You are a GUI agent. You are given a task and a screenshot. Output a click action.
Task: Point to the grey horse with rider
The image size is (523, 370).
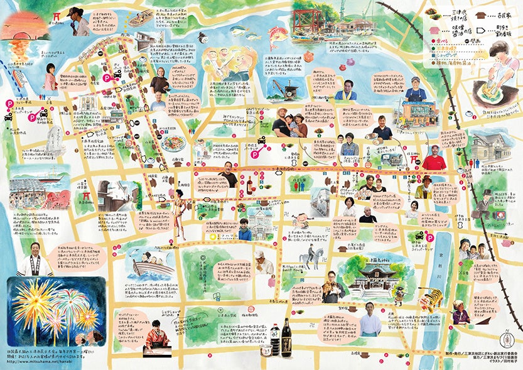[308, 258]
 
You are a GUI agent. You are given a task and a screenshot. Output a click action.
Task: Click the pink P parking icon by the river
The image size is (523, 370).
[431, 237]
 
